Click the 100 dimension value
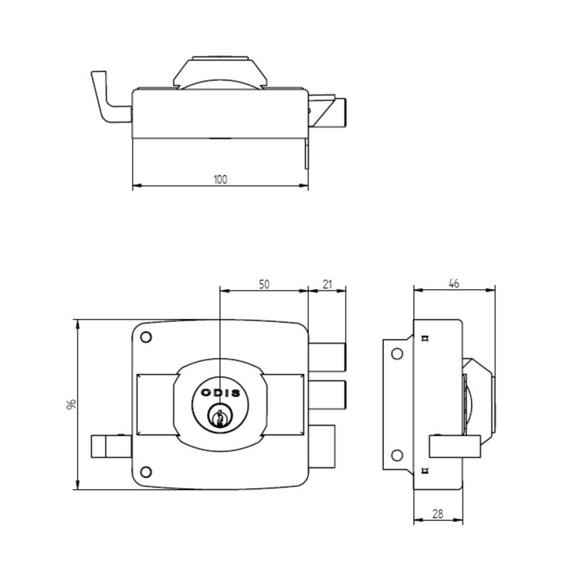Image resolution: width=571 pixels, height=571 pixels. pyautogui.click(x=220, y=179)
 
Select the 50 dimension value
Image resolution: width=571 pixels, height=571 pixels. pyautogui.click(x=264, y=284)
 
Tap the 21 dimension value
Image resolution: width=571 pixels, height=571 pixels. pyautogui.click(x=328, y=284)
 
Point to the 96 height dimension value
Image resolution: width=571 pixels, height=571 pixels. pyautogui.click(x=71, y=404)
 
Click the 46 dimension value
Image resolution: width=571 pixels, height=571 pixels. pyautogui.click(x=454, y=283)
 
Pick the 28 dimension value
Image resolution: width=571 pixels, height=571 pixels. pyautogui.click(x=438, y=514)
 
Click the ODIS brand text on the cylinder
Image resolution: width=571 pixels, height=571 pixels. pyautogui.click(x=221, y=393)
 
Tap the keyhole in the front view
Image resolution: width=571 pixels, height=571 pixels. pyautogui.click(x=219, y=418)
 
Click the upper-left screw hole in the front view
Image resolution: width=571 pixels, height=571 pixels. pyautogui.click(x=146, y=338)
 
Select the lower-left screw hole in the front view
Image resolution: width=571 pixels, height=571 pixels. pyautogui.click(x=146, y=473)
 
